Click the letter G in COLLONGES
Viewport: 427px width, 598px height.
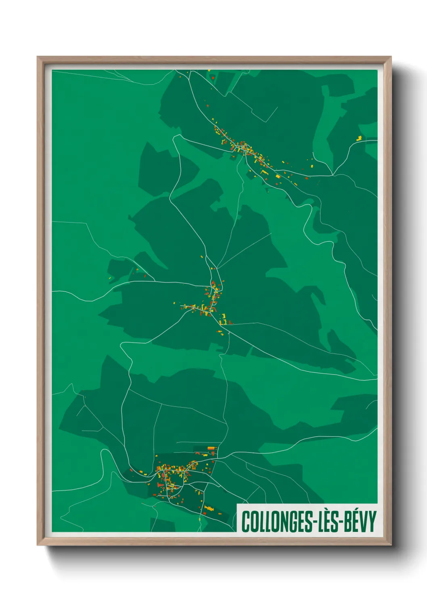pyautogui.click(x=293, y=522)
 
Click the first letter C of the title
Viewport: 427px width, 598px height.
pyautogui.click(x=245, y=522)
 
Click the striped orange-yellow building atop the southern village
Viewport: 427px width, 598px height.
pyautogui.click(x=211, y=448)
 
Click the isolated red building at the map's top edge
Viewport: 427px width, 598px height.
pyautogui.click(x=213, y=77)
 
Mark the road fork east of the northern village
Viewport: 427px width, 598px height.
pyautogui.click(x=333, y=175)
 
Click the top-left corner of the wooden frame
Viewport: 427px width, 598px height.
pyautogui.click(x=38, y=57)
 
